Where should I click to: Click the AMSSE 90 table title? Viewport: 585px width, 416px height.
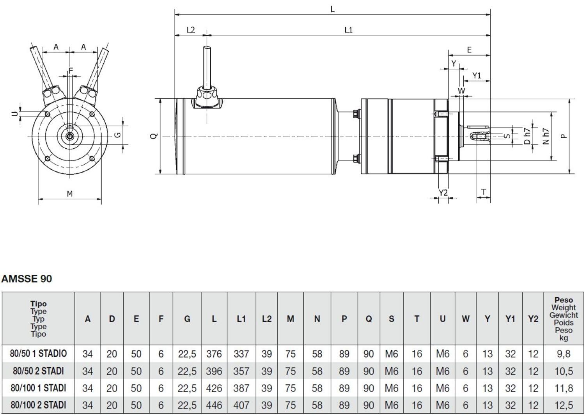(x=27, y=279)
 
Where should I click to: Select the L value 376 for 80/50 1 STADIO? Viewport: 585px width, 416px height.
(x=214, y=354)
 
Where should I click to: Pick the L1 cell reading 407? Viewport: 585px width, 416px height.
(x=241, y=405)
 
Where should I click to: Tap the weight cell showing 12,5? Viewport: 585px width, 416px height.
(x=563, y=405)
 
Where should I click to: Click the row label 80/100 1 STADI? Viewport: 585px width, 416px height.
(x=38, y=388)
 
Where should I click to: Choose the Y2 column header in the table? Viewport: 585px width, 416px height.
(x=533, y=319)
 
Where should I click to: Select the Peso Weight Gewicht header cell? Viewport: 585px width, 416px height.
(x=563, y=319)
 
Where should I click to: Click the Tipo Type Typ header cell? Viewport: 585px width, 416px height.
(x=38, y=319)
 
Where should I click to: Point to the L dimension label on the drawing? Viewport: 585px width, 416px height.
(x=332, y=9)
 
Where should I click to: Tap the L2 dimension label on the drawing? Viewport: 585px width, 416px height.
(x=190, y=30)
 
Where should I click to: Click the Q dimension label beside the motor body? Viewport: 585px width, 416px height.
(x=154, y=136)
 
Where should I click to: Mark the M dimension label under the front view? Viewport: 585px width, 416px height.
(x=69, y=194)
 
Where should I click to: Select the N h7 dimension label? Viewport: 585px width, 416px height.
(x=546, y=136)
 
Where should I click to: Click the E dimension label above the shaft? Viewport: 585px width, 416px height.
(x=469, y=50)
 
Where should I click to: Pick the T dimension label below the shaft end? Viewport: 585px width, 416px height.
(x=484, y=192)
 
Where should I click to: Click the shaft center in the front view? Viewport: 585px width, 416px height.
(x=69, y=136)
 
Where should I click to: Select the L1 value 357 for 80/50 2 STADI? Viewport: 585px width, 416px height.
(x=241, y=371)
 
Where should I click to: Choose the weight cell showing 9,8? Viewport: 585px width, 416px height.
(x=563, y=354)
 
